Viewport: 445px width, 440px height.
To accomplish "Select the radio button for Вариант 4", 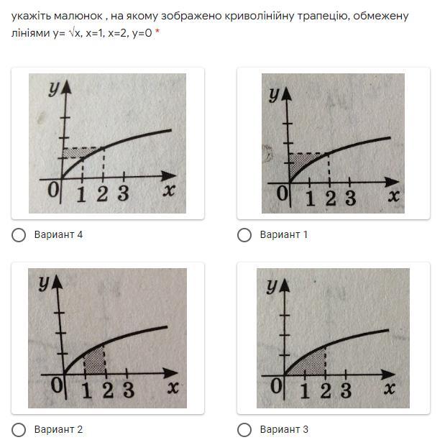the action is click(x=19, y=235).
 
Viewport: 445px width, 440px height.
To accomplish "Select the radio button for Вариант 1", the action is click(x=244, y=235).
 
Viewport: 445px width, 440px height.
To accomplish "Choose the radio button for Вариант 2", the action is click(x=19, y=430).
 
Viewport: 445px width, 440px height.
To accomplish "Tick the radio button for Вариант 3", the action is click(x=244, y=430).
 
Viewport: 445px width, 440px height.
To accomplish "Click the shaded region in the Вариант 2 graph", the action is click(x=95, y=360).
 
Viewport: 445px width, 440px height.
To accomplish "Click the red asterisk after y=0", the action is click(x=157, y=32).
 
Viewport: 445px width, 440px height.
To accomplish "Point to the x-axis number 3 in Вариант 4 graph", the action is click(x=124, y=193).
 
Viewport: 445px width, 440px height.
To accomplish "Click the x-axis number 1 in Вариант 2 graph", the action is click(x=87, y=390).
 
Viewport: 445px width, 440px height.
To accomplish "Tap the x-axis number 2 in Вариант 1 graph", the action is click(x=331, y=198).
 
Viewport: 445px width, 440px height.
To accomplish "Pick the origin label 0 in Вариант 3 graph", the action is click(x=277, y=385).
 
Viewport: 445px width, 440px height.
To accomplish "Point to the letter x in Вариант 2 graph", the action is click(x=173, y=387).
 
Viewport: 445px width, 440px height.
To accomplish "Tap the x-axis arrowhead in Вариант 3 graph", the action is click(x=388, y=375).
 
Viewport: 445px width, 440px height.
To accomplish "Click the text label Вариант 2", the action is click(x=58, y=429).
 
